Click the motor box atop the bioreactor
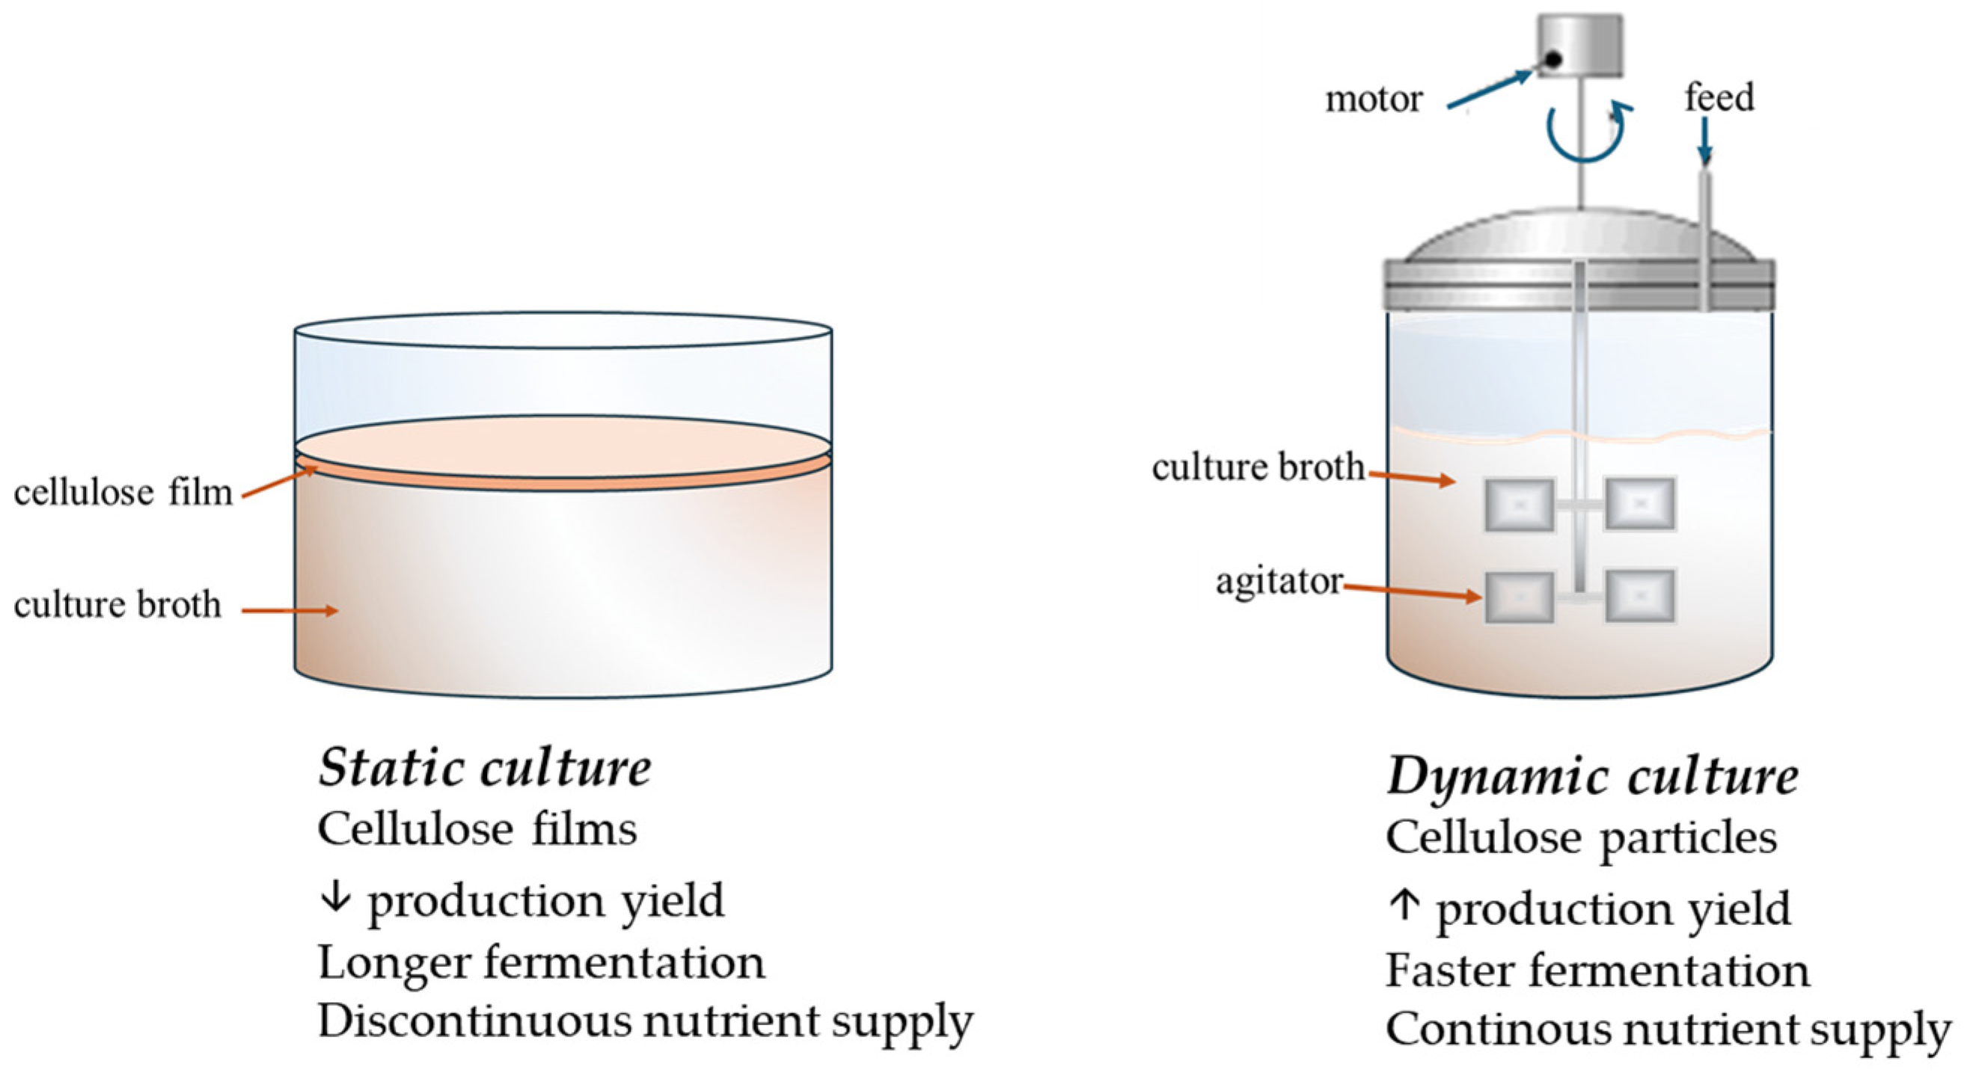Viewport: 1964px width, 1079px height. (1579, 46)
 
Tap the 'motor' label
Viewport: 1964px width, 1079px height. (1374, 99)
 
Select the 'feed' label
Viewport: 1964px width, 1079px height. (1719, 97)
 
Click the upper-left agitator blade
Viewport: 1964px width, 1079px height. (1520, 505)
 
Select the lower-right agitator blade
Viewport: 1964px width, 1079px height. (1640, 596)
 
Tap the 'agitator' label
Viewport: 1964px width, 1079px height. (1279, 582)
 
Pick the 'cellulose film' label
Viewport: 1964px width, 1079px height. (123, 493)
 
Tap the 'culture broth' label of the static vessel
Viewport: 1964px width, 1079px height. (117, 606)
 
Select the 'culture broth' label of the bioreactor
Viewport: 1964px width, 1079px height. (1258, 468)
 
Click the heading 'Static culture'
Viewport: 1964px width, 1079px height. (485, 768)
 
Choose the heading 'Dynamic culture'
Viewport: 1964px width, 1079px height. (1593, 776)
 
